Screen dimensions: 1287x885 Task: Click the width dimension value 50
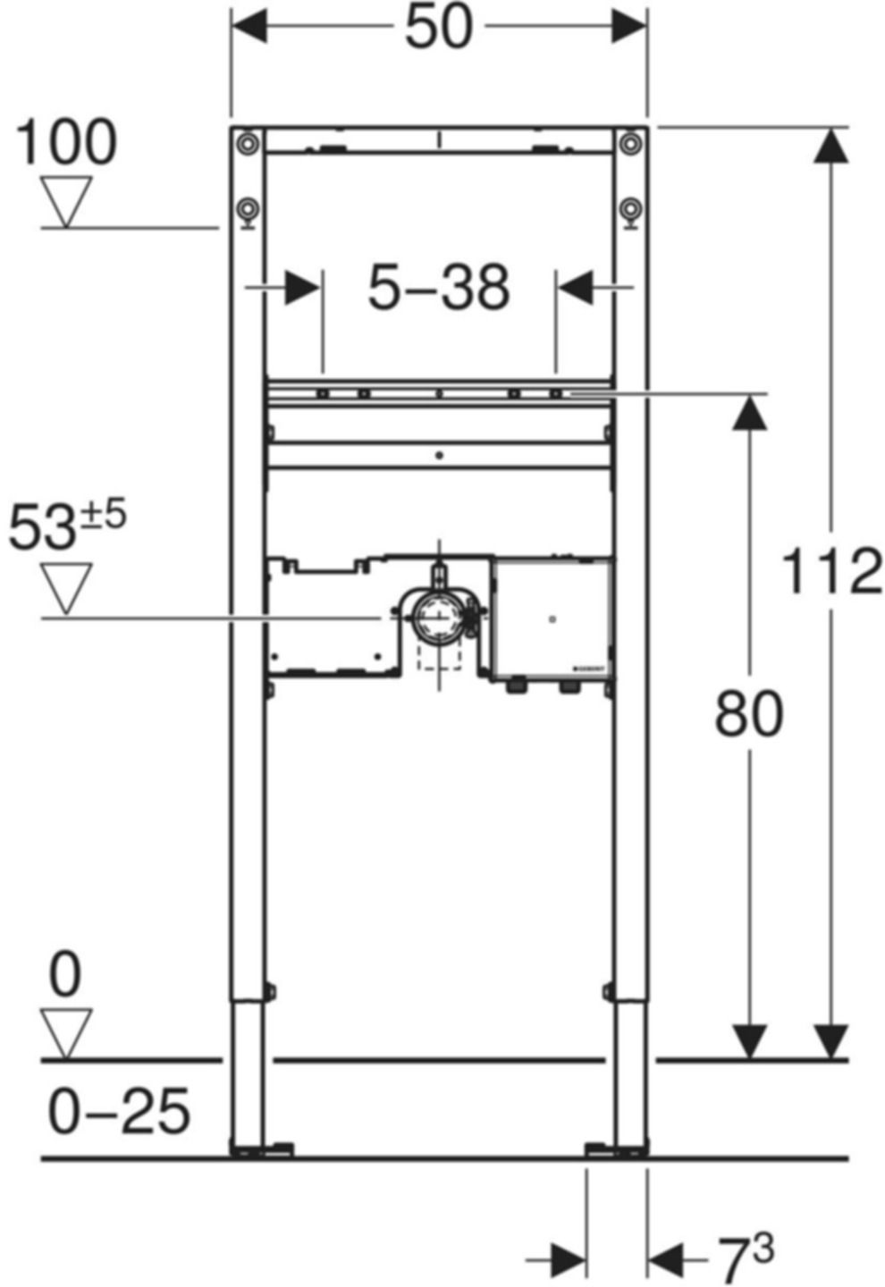tap(438, 28)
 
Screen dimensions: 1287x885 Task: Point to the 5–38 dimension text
tap(439, 288)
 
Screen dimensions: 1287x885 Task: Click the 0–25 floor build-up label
tap(118, 1111)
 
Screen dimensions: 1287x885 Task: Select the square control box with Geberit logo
tap(552, 618)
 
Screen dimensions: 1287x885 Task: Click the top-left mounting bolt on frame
tap(247, 143)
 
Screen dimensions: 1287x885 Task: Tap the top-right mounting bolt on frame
tap(631, 143)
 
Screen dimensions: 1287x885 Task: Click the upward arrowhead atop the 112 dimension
tap(831, 146)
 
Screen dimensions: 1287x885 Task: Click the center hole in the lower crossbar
tap(439, 456)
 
